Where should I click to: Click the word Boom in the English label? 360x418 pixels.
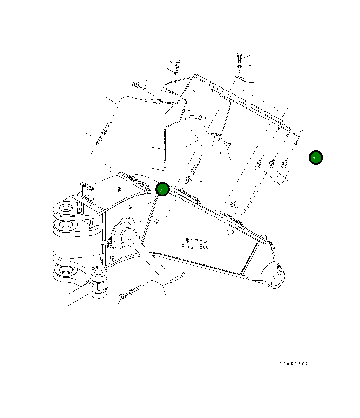[x=206, y=247]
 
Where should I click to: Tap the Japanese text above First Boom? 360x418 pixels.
[x=196, y=241]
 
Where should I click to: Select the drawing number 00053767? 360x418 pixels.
[x=294, y=364]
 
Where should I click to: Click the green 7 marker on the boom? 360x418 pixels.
[x=162, y=189]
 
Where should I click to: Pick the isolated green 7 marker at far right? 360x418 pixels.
[x=316, y=158]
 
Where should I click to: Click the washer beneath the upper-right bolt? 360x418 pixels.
[x=239, y=66]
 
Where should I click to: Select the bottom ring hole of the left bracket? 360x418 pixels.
[x=65, y=271]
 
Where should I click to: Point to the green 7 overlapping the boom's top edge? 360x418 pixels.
[x=162, y=189]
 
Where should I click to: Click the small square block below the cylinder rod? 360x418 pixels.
[x=112, y=258]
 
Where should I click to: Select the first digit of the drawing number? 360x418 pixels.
[x=281, y=364]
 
